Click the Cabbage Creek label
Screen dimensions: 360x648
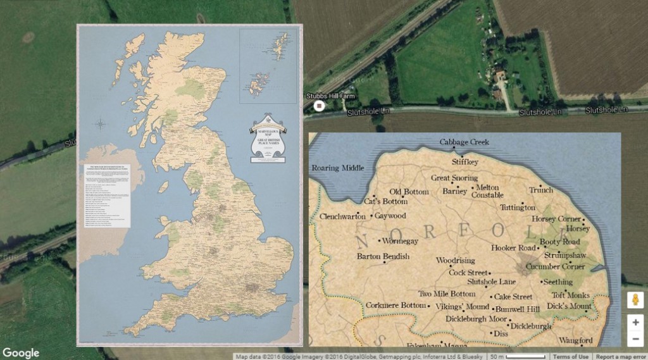[x=464, y=142]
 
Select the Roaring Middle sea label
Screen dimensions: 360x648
[x=338, y=168]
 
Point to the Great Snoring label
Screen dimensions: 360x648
[x=454, y=178]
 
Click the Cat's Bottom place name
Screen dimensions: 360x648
[x=386, y=202]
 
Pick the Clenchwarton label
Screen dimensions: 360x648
[x=343, y=216]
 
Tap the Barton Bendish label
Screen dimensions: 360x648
[x=383, y=257]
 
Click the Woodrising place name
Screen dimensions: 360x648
[x=455, y=261]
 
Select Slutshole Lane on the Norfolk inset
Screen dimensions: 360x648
[x=491, y=282]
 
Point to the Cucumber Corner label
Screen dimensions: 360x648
[x=555, y=267]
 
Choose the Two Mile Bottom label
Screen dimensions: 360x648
[x=447, y=294]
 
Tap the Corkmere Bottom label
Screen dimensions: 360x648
[x=396, y=306]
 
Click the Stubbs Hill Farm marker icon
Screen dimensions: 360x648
[x=319, y=106]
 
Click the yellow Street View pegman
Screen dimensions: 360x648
[x=635, y=300]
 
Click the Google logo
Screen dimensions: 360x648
[x=21, y=353]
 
